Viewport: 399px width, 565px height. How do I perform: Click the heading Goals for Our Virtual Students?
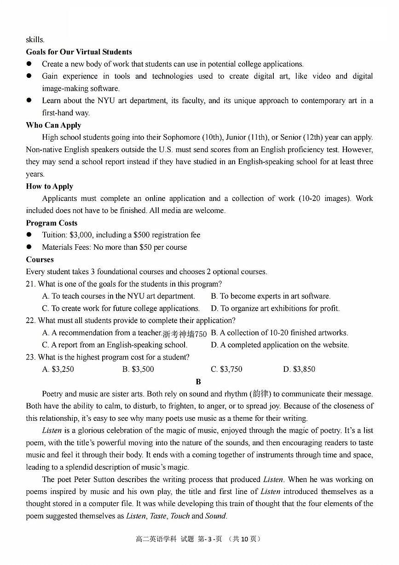(x=79, y=52)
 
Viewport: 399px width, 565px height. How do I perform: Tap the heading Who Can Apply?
(x=53, y=125)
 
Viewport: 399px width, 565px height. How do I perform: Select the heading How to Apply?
(x=49, y=187)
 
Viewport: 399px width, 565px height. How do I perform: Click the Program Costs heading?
(x=52, y=223)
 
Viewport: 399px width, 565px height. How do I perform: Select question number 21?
(x=30, y=284)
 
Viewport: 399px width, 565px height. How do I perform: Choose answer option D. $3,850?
(x=299, y=370)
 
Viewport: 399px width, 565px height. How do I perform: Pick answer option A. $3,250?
(x=58, y=370)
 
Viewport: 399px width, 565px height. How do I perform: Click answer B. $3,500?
(x=138, y=370)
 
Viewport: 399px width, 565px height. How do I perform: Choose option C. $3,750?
(x=226, y=370)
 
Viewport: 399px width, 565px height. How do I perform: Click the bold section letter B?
(x=198, y=382)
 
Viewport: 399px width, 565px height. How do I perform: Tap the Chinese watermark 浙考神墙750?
(x=185, y=334)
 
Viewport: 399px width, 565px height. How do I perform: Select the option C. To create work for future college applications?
(x=121, y=309)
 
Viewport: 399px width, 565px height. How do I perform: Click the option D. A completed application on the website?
(x=280, y=345)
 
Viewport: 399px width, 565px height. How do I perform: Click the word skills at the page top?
(x=35, y=40)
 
